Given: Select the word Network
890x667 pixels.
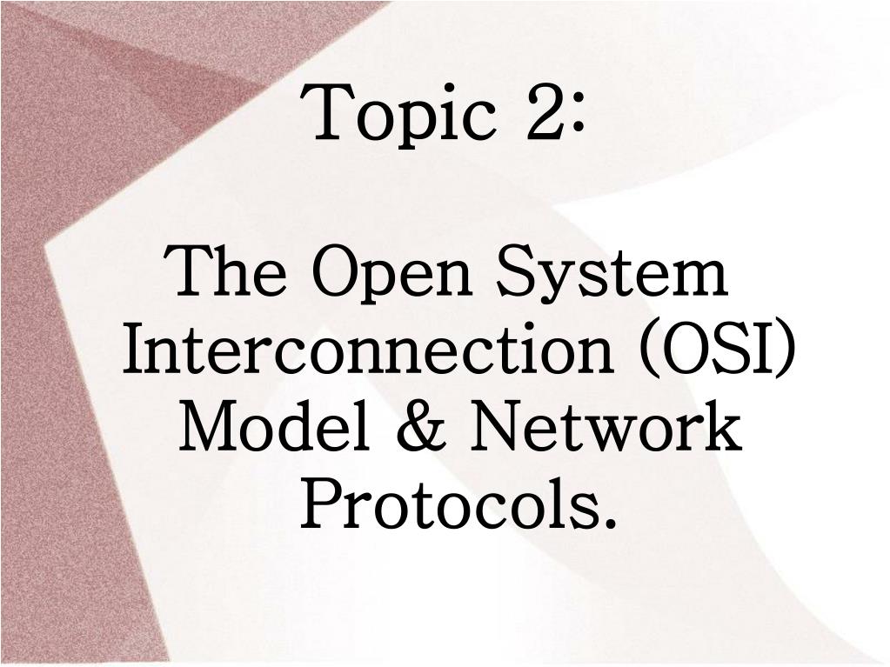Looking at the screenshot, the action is click(606, 424).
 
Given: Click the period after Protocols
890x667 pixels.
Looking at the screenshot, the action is click(609, 522).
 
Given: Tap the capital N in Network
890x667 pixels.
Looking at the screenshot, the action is click(502, 425).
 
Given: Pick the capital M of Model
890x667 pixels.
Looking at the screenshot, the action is click(215, 424).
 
